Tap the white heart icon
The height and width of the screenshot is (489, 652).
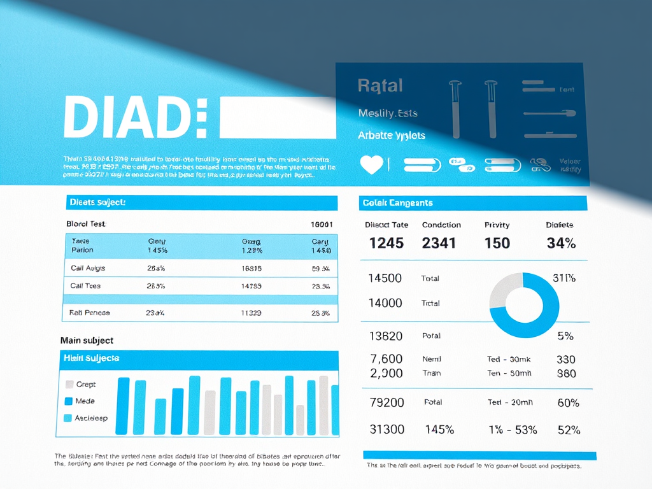click(371, 164)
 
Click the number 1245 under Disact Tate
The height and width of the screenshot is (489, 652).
click(386, 243)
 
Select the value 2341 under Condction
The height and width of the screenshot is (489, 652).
click(439, 243)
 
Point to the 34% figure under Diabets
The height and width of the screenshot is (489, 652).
click(561, 243)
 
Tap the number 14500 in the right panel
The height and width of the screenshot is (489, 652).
click(385, 278)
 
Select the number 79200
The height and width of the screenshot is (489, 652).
click(386, 402)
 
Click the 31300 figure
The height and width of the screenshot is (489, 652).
click(386, 430)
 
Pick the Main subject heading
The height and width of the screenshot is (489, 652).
click(87, 341)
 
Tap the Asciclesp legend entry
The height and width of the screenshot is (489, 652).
click(86, 418)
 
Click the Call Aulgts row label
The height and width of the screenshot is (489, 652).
click(88, 269)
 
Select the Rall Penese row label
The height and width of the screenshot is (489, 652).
click(90, 313)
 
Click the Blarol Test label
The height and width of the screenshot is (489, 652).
click(86, 224)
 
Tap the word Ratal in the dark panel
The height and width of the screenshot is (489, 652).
click(379, 85)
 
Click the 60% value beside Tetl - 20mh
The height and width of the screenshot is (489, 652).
click(568, 402)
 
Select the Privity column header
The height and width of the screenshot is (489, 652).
click(497, 225)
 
